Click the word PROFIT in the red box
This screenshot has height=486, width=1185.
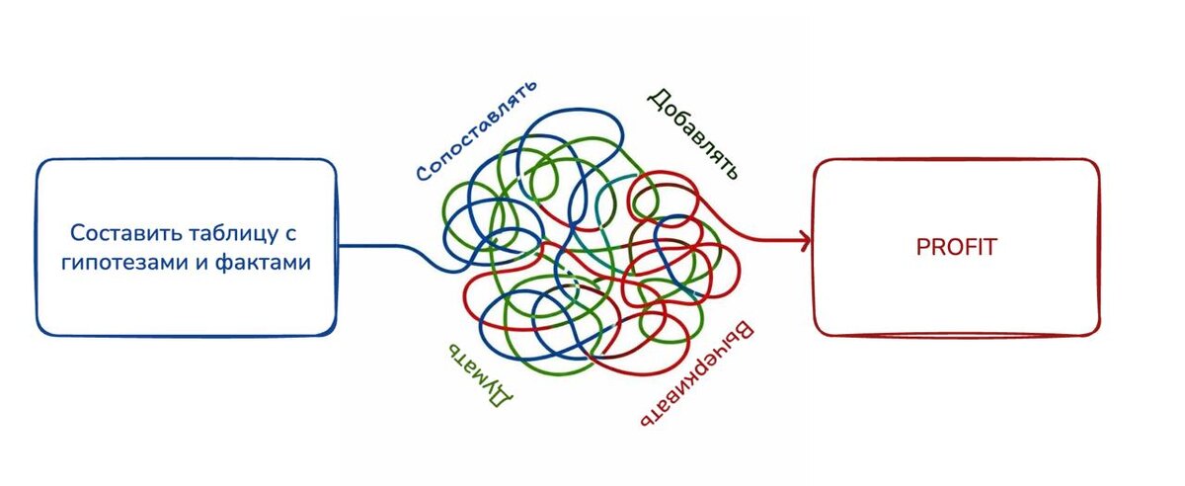956,247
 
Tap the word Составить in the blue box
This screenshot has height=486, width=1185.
118,235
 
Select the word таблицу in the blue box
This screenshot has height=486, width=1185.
226,235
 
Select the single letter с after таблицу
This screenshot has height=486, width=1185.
292,236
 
